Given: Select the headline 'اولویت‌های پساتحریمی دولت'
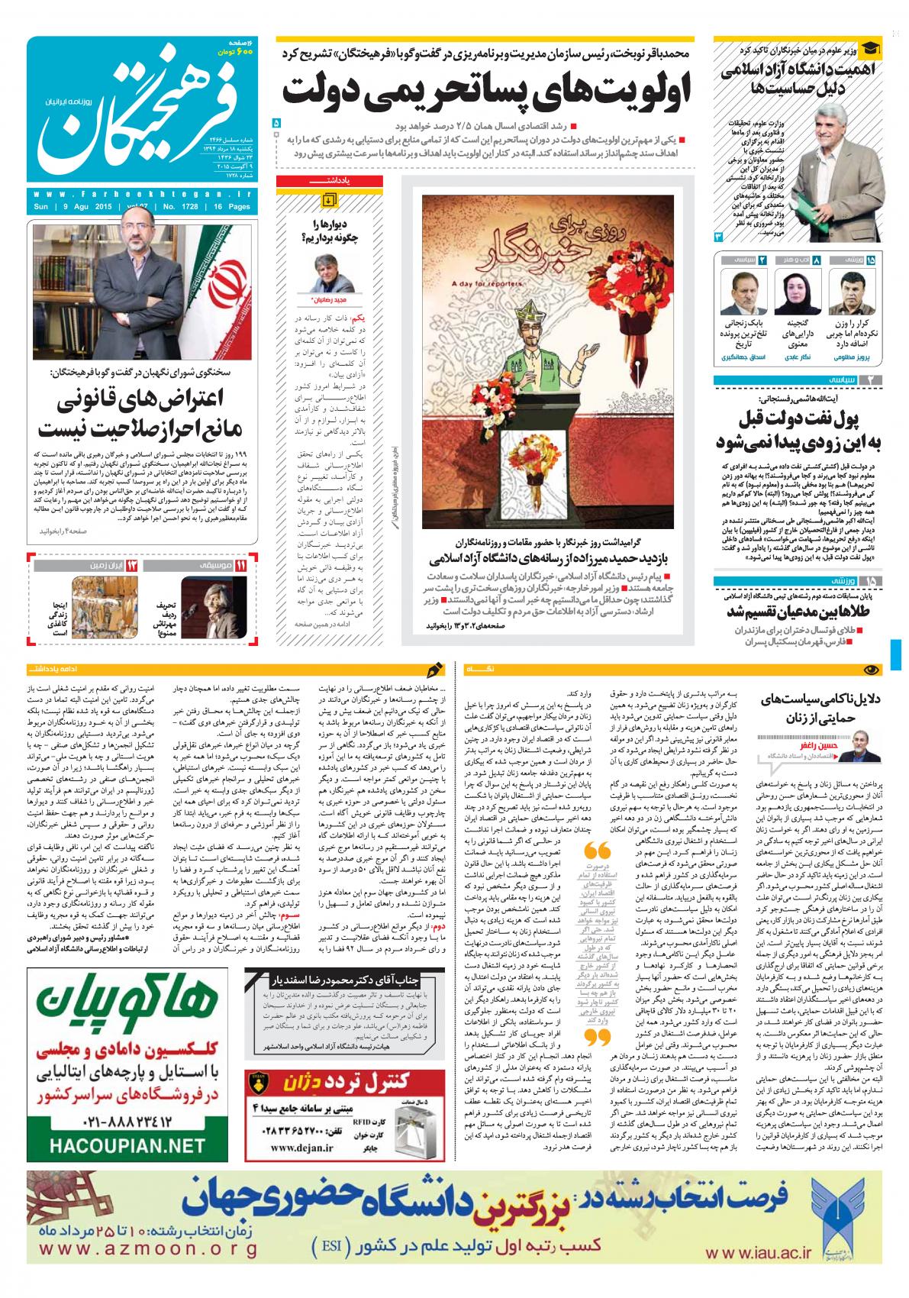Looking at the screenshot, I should pos(486,91).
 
